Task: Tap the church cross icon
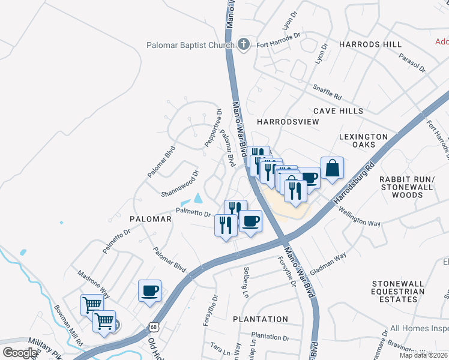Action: coord(244,44)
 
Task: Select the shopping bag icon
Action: coord(331,168)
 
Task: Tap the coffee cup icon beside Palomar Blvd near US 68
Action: coord(149,292)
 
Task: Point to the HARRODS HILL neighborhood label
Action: coord(370,45)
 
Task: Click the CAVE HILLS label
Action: coord(338,111)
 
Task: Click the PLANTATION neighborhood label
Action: coord(261,319)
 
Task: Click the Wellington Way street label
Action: coord(359,217)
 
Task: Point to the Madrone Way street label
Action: coord(93,283)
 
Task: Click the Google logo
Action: coord(20,353)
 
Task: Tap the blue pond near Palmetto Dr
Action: coord(198,199)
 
